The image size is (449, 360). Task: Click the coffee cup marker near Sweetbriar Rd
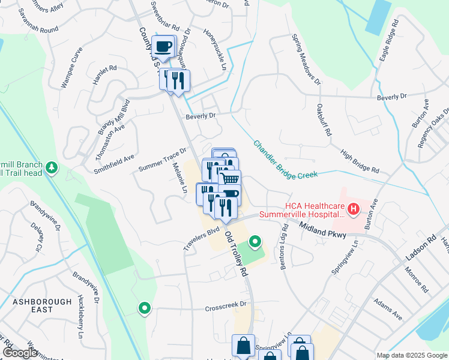(163, 46)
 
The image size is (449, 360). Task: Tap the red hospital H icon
(354, 209)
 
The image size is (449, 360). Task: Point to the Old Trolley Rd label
(236, 253)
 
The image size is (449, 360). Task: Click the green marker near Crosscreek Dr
(145, 308)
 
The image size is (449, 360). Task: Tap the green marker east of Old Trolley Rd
(255, 242)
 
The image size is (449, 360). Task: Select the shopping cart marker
(230, 179)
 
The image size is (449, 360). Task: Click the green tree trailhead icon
(53, 167)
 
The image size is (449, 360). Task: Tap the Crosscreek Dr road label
(226, 305)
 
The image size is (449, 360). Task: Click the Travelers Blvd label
(202, 239)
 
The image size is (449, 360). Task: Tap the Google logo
(20, 353)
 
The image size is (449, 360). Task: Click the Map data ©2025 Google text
(411, 355)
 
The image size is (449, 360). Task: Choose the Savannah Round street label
(37, 29)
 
